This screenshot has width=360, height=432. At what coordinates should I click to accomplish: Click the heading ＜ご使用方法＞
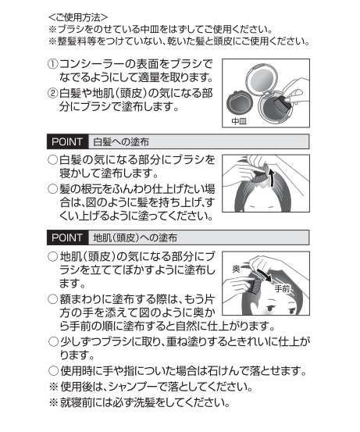[x=78, y=17]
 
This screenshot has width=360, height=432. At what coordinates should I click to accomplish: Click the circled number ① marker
[x=52, y=65]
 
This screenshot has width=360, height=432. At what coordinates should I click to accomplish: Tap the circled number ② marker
[x=52, y=94]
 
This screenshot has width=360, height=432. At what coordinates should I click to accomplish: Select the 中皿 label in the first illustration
[x=239, y=121]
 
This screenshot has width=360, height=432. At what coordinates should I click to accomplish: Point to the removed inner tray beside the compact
[x=238, y=103]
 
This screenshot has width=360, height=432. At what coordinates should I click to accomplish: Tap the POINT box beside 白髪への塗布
[x=67, y=141]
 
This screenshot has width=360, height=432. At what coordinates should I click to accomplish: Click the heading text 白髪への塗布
[x=121, y=142]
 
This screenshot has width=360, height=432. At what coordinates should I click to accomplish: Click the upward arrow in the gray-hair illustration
[x=272, y=177]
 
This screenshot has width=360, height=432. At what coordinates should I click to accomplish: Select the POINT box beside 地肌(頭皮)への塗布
[x=67, y=237]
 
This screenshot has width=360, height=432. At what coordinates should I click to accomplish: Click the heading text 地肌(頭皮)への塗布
[x=135, y=237]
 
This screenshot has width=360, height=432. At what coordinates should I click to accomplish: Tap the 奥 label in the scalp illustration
[x=237, y=269]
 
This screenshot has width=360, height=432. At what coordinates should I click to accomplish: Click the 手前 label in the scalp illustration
[x=282, y=289]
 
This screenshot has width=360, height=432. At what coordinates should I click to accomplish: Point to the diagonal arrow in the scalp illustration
[x=264, y=276]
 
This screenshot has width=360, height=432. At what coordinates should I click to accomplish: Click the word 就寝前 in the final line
[x=76, y=403]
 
